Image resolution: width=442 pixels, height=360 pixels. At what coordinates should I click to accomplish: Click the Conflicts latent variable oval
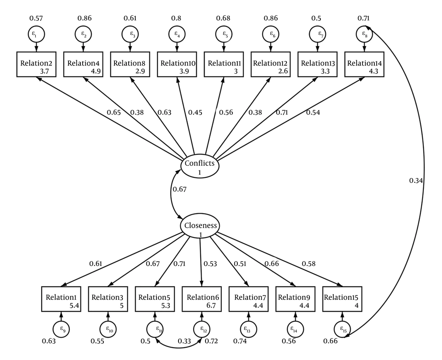click(200, 167)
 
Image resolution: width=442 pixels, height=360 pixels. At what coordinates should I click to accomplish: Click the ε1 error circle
click(37, 34)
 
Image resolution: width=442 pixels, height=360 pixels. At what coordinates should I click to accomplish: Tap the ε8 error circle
click(364, 34)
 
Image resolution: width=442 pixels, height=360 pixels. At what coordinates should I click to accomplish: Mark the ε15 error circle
click(342, 329)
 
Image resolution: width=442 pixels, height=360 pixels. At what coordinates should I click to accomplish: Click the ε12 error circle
click(202, 329)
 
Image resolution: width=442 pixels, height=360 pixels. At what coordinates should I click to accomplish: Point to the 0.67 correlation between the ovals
click(179, 190)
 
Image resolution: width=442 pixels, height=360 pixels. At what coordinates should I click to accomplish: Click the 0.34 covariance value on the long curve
click(415, 180)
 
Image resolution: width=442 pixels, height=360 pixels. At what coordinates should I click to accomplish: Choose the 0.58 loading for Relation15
click(309, 264)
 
